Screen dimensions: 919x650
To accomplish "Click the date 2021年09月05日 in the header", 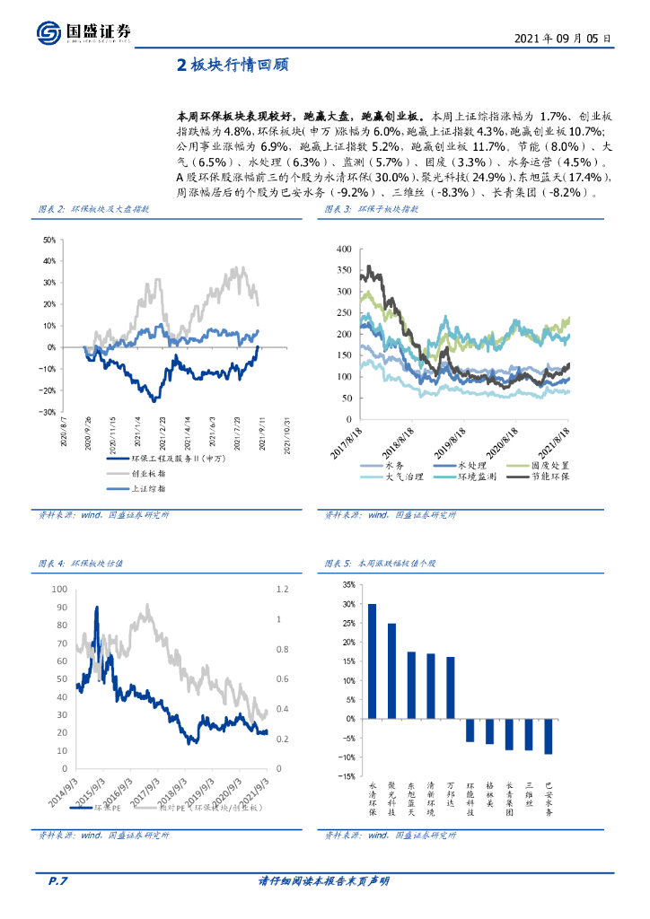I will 563,39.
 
